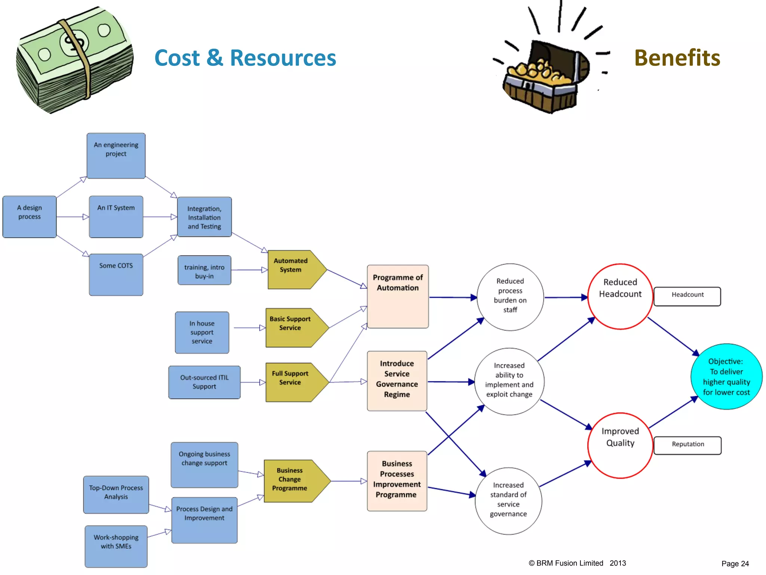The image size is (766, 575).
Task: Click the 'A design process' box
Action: point(30,216)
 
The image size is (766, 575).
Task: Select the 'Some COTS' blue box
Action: point(116,274)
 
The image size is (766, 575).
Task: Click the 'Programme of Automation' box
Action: point(398,296)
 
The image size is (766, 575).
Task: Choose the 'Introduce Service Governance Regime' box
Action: point(397,380)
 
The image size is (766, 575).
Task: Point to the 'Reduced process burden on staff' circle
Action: point(510,296)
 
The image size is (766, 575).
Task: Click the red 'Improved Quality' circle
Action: point(620,445)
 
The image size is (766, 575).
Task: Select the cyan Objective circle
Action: point(726,376)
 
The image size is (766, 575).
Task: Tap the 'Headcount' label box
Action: point(687,296)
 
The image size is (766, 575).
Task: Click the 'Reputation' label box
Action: point(687,445)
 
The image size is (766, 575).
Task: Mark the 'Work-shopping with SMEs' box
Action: point(116,546)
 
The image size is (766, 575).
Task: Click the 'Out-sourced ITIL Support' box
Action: point(204,382)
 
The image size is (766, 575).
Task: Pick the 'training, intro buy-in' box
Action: point(204,270)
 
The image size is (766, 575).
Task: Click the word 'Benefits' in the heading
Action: point(677,58)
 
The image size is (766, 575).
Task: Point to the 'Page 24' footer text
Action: point(735,563)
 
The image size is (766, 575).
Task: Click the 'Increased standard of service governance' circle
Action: point(508,500)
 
